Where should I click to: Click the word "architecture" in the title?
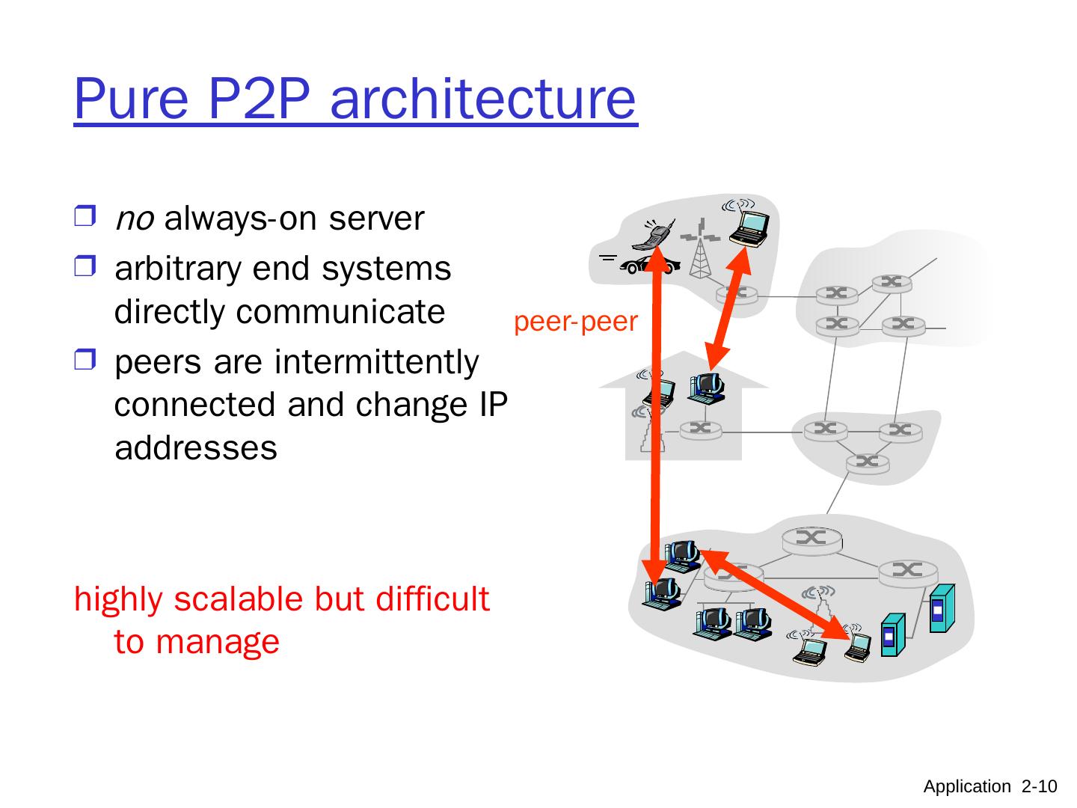[x=482, y=99]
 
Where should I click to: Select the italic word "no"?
[x=135, y=219]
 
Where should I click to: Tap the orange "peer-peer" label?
[x=576, y=322]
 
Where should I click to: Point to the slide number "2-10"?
[x=1039, y=786]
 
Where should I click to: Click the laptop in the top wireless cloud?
[x=749, y=226]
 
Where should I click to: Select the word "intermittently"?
[x=376, y=362]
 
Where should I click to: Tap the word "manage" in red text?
[x=217, y=642]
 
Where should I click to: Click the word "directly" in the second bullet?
[x=170, y=312]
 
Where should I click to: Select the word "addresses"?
[x=196, y=448]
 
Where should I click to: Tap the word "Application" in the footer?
[x=966, y=786]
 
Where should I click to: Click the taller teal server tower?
[x=941, y=607]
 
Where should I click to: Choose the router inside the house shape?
[x=700, y=429]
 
